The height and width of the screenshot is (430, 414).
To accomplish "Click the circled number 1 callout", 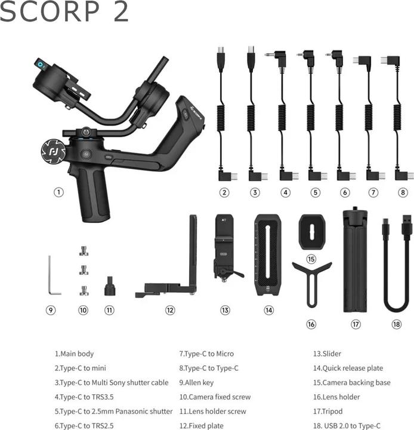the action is [x=58, y=192].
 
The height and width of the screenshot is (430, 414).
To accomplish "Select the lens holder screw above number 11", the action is [x=110, y=286].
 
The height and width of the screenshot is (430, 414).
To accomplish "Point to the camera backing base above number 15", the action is [x=312, y=232].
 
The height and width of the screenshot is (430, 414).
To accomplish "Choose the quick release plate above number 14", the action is [x=268, y=255].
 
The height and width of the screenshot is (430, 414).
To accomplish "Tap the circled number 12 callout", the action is [x=170, y=310].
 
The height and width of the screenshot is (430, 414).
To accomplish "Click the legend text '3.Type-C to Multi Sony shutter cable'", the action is [x=112, y=383].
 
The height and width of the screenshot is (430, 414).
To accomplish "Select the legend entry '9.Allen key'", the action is [x=196, y=383].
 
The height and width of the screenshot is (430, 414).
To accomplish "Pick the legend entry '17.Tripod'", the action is [x=328, y=411].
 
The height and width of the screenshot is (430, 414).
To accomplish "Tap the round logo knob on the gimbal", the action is [x=53, y=151].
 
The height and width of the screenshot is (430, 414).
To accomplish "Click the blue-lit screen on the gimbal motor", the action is [x=41, y=64].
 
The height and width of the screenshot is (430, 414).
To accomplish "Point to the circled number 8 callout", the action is [x=403, y=192].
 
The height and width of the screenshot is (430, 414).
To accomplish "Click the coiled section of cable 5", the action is [x=310, y=118].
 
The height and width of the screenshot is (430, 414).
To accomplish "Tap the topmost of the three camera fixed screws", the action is [x=84, y=251].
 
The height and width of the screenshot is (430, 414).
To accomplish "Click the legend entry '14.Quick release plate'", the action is [x=348, y=368].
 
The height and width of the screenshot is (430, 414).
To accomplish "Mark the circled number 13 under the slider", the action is [x=225, y=310].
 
